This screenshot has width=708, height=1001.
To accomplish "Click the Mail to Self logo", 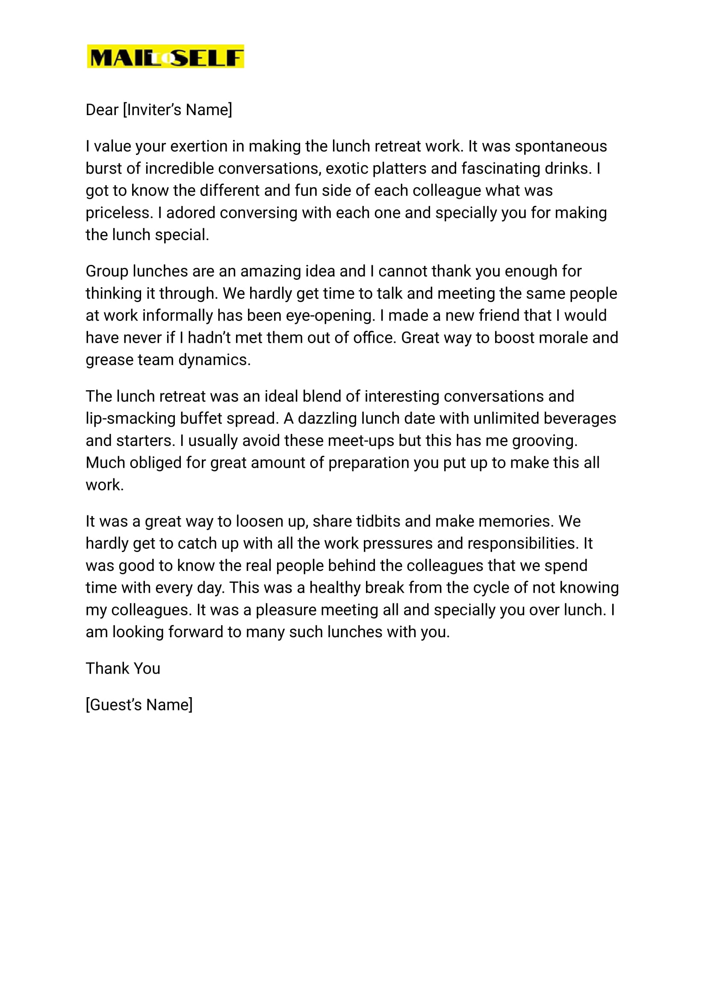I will click(165, 57).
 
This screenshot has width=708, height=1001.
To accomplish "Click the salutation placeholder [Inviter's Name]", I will click(177, 110).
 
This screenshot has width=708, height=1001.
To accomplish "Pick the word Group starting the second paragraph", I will click(107, 272).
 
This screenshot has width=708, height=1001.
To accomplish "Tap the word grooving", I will click(545, 441).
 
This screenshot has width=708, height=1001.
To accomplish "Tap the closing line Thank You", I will click(123, 669).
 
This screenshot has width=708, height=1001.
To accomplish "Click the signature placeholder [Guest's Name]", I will click(139, 705).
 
